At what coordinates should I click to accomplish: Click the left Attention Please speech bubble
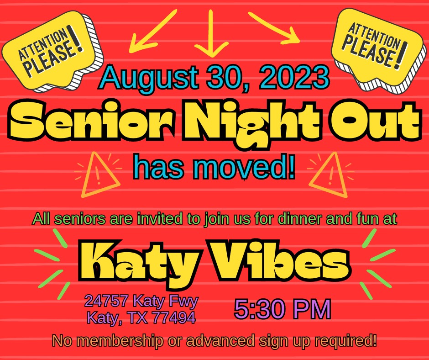coord(52,51)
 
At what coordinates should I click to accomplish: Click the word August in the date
coord(149,78)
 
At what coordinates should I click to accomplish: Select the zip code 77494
coord(174,318)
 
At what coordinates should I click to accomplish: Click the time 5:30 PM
coord(283,309)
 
